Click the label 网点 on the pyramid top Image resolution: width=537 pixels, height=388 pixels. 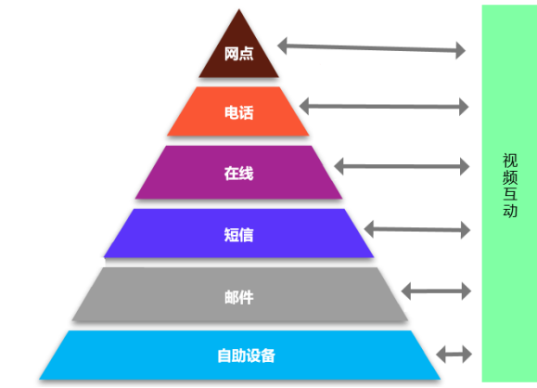[x=238, y=54]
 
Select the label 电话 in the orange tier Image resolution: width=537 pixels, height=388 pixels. [x=238, y=112]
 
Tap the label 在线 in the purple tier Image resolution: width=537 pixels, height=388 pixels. [x=238, y=173]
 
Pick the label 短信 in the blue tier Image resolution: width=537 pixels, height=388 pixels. [x=238, y=235]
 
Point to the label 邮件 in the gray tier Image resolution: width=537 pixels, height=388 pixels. [x=238, y=297]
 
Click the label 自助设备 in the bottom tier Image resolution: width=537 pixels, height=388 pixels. [x=246, y=356]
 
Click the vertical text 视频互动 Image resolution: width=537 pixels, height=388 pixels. [x=510, y=185]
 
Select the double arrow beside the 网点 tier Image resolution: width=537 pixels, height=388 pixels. [x=371, y=48]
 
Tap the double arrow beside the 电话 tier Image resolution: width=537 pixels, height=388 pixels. [x=384, y=107]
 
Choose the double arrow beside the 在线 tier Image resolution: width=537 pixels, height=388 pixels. [x=402, y=166]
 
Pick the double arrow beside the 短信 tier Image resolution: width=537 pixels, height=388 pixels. [x=417, y=229]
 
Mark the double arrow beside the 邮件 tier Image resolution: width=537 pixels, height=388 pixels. [x=436, y=291]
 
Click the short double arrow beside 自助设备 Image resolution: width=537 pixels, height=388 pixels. [x=454, y=354]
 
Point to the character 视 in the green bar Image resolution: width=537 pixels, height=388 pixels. [x=510, y=160]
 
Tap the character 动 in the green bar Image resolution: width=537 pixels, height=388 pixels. [x=510, y=210]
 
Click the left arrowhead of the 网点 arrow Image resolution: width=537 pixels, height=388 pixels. [x=282, y=45]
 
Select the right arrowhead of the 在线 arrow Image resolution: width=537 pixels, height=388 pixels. [x=465, y=166]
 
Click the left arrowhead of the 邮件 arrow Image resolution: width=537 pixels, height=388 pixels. [x=406, y=291]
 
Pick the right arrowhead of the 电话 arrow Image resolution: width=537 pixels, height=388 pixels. [x=464, y=107]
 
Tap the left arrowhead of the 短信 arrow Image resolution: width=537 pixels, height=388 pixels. [x=368, y=229]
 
